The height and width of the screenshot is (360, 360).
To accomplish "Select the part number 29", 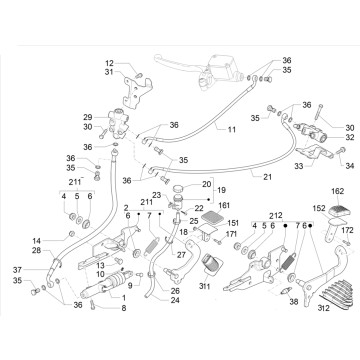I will click(x=115, y=117).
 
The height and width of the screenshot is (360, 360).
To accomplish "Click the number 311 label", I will click(x=204, y=286).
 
